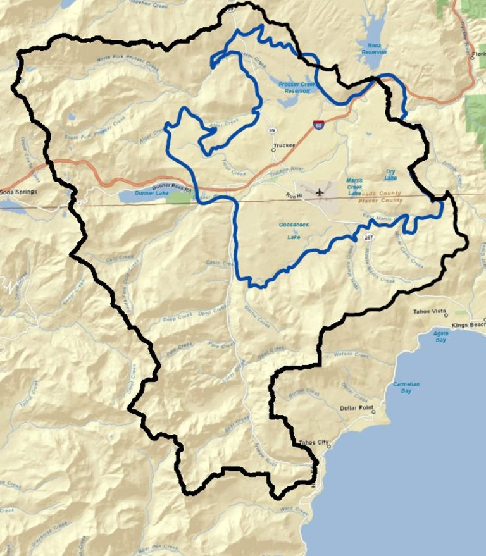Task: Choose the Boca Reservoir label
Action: point(375,48)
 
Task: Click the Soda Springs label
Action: point(19,191)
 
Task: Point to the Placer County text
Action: point(380,201)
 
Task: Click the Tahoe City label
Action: point(314,442)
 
